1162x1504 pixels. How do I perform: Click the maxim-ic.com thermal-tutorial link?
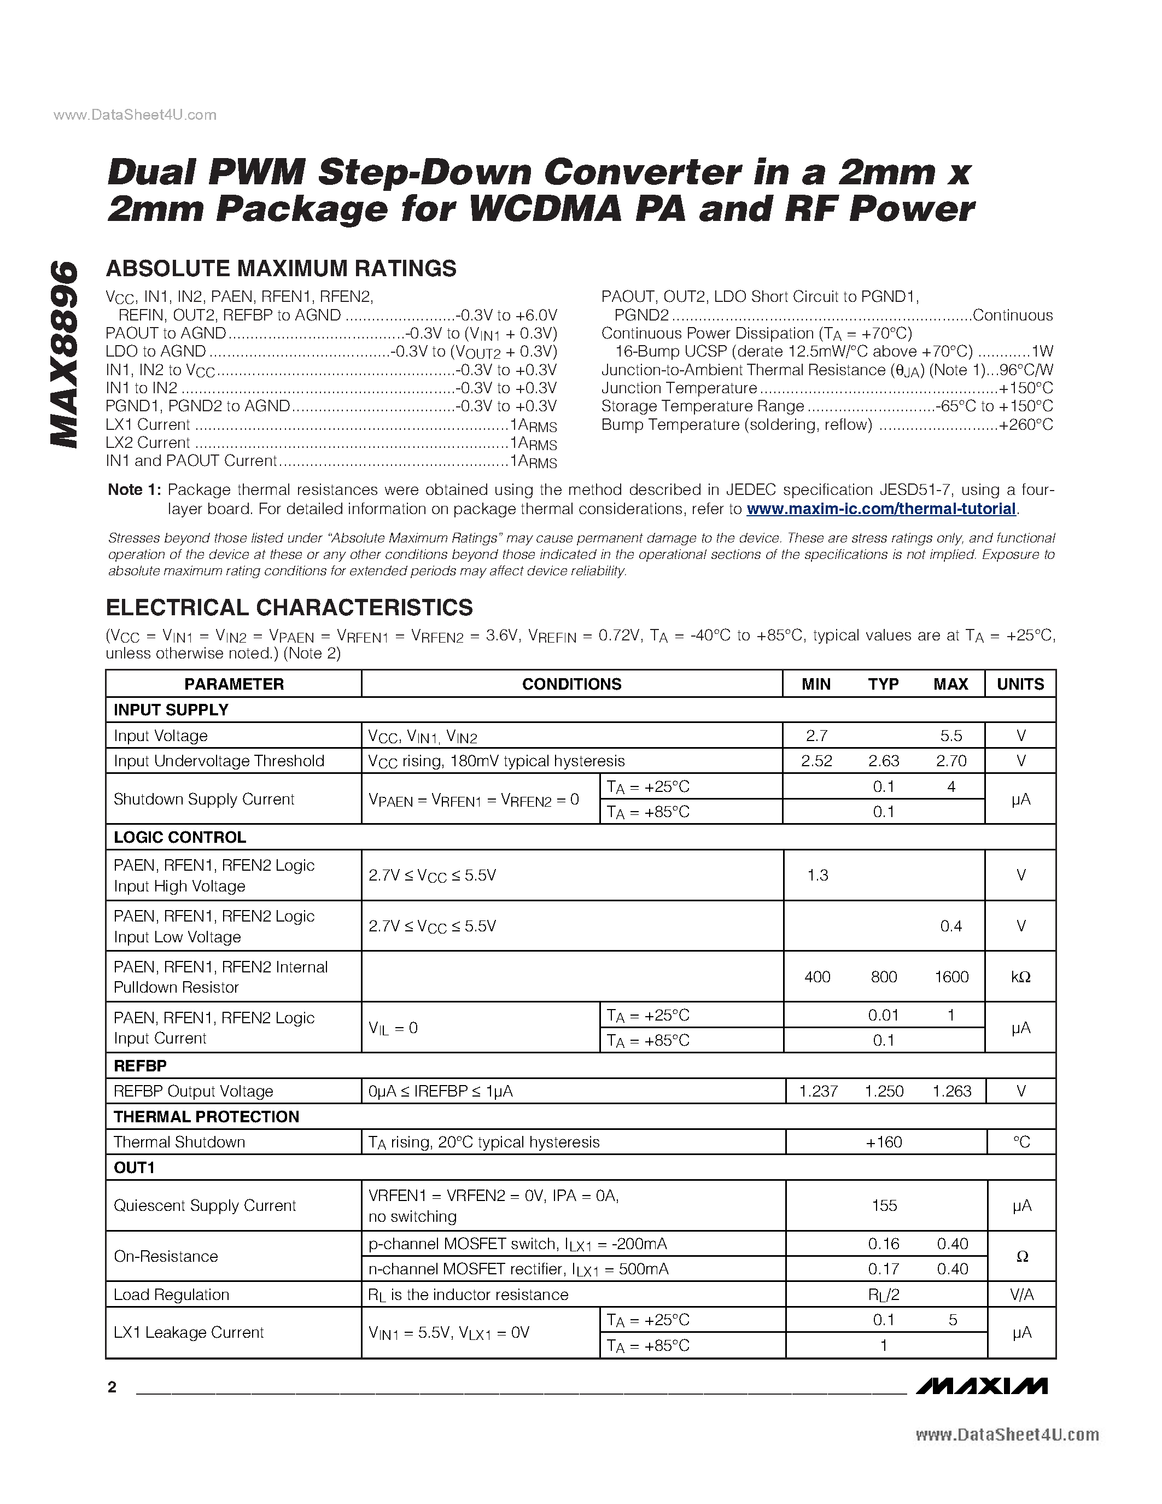coord(881,509)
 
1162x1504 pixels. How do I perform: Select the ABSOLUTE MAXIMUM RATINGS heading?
coord(281,269)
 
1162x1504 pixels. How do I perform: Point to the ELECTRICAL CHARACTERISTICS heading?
coord(289,608)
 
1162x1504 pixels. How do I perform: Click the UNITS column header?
coord(1020,684)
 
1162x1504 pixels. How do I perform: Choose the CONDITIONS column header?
coord(571,684)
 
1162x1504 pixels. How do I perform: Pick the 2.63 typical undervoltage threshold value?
coord(884,761)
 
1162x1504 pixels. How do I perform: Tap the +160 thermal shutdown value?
coord(884,1142)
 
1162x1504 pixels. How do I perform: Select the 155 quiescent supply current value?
coord(884,1205)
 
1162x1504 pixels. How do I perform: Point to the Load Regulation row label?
coord(171,1295)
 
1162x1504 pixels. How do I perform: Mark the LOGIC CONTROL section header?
coord(180,837)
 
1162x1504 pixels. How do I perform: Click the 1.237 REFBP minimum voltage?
coord(818,1091)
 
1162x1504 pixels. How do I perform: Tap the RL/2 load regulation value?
coord(884,1295)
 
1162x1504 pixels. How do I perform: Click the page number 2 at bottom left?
coord(112,1387)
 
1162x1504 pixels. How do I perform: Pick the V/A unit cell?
coord(1021,1295)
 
